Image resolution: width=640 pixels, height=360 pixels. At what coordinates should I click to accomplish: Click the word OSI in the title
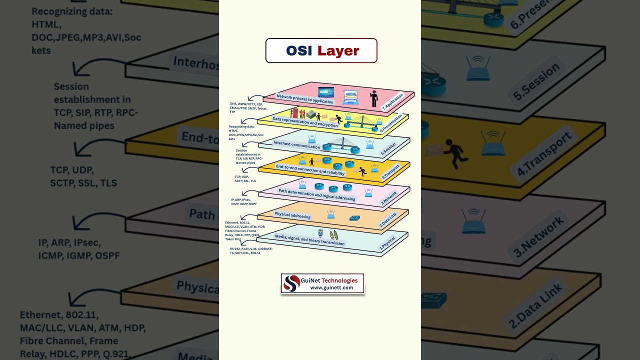[299, 50]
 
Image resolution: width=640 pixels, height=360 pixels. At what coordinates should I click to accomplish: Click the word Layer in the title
[338, 50]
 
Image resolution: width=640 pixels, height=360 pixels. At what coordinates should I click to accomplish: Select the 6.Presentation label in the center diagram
[391, 123]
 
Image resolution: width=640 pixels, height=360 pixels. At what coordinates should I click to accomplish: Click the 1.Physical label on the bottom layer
[387, 243]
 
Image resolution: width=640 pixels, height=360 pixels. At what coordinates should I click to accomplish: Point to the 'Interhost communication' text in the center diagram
[296, 145]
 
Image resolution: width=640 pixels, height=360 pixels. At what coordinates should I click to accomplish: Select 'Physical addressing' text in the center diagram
[292, 215]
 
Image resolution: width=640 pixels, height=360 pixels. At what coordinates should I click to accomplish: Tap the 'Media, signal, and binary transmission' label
[309, 239]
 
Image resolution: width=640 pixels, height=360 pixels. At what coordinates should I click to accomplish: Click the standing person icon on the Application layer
[374, 98]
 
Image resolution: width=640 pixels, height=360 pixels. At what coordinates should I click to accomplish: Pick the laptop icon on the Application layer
[350, 97]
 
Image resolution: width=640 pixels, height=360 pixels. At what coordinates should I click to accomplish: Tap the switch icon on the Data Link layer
[355, 218]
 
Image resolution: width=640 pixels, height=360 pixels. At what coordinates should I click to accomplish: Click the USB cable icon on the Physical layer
[320, 233]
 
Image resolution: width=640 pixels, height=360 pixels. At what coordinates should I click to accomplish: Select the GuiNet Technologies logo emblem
[291, 283]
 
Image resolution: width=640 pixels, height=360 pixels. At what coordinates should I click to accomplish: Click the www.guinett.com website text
[331, 288]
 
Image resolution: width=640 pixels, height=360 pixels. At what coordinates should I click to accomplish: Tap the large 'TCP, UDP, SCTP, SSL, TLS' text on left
[83, 176]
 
